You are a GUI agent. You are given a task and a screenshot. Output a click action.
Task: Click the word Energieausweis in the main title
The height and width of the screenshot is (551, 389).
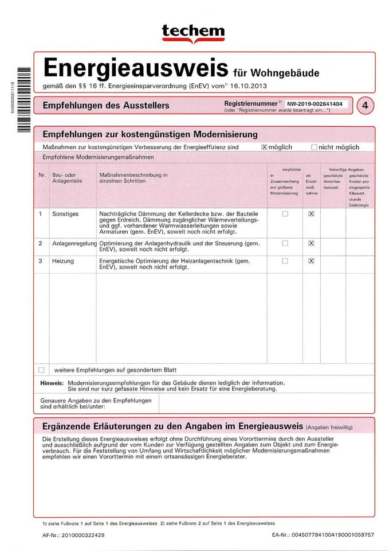point(136,68)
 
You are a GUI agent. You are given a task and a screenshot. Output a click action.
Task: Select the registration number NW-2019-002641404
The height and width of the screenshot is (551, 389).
point(315,104)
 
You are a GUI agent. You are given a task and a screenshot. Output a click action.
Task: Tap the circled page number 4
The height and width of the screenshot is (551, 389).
point(365,106)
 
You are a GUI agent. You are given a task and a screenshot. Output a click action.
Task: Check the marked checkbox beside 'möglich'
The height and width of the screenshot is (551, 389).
point(264,147)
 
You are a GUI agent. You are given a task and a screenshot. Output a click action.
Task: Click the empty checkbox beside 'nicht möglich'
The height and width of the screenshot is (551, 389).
point(313,147)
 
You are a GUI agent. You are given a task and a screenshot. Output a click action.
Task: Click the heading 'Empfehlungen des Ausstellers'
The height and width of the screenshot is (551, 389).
point(106,105)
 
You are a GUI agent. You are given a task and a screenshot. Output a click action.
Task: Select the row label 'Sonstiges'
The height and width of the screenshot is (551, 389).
point(65,214)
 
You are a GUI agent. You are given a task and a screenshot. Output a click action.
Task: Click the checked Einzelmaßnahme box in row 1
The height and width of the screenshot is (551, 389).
point(311,214)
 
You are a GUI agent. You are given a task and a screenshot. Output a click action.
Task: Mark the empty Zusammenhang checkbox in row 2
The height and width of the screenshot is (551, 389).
point(285,243)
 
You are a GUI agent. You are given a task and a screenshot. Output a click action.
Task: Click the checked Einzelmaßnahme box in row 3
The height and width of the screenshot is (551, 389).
point(311,261)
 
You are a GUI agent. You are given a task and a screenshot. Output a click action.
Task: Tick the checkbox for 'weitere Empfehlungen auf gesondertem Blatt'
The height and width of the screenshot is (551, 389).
point(41,370)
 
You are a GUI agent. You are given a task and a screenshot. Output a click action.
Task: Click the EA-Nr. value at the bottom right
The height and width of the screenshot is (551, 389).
point(333,535)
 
